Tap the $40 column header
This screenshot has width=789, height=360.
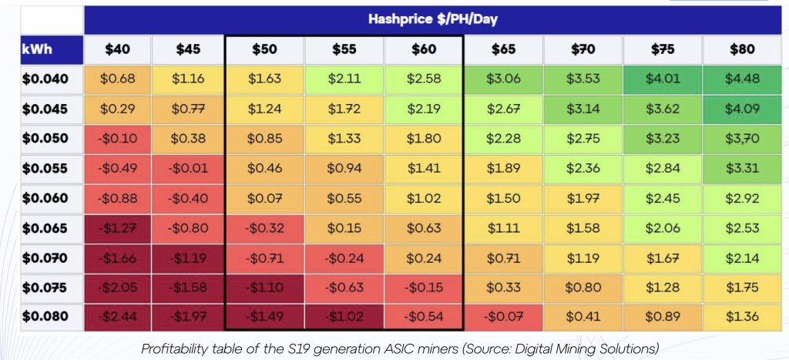point(117,49)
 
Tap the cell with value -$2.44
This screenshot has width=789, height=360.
point(117,317)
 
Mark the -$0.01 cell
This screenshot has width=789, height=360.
point(188,168)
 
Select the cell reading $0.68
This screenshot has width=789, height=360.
point(117,79)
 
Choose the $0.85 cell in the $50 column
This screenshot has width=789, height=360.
point(264,139)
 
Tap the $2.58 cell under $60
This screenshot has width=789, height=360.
point(423,79)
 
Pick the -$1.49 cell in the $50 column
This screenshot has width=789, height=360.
point(264,317)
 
